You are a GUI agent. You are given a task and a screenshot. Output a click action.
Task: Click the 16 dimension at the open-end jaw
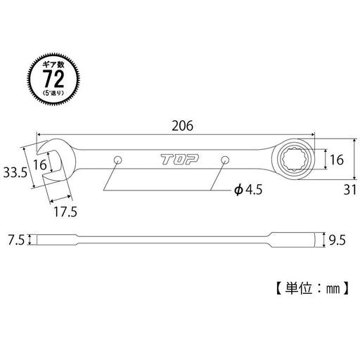coord(41,165)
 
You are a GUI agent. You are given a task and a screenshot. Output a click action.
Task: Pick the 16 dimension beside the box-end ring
coord(336,160)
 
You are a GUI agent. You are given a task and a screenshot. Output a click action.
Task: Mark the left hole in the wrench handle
coord(118,160)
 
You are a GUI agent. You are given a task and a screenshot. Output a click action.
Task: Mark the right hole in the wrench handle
coord(225,160)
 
